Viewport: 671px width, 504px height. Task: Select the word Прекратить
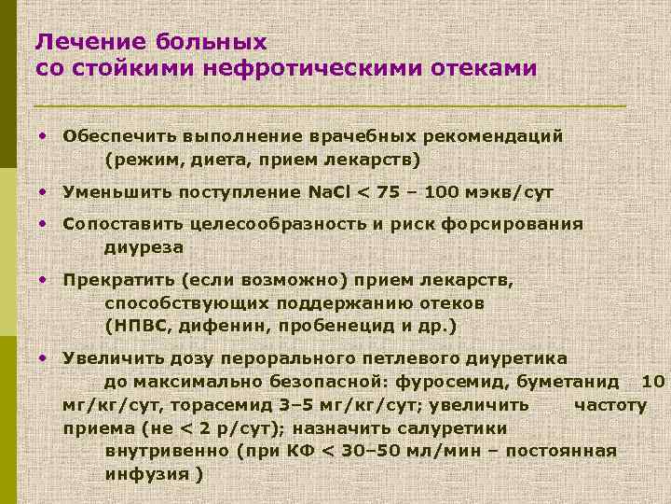[x=118, y=281]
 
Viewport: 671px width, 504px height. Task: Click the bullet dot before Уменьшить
[x=43, y=191]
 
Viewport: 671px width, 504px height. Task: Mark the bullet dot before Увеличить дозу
[x=43, y=358]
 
